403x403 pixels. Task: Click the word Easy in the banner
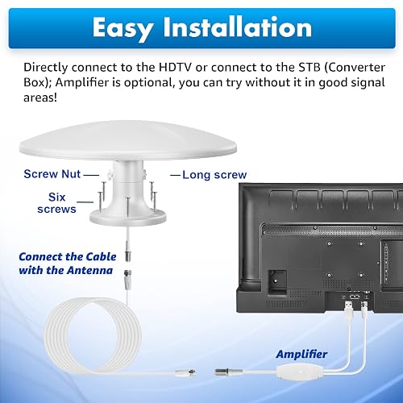coord(123,28)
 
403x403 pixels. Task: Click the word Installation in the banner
coord(238,27)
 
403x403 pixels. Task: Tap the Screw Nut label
coord(52,174)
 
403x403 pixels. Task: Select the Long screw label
coord(214,175)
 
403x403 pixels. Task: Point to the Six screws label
coord(56,203)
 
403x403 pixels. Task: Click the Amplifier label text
coord(301,355)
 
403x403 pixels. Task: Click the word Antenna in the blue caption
coord(89,270)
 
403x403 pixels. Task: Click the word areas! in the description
coord(40,98)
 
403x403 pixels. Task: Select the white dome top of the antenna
coord(128,140)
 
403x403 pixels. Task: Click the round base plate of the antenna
coord(128,217)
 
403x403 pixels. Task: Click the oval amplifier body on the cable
coord(298,372)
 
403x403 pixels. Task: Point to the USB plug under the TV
coord(349,306)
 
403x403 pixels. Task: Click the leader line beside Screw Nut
coord(91,175)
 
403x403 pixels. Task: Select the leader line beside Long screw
coord(175,176)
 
